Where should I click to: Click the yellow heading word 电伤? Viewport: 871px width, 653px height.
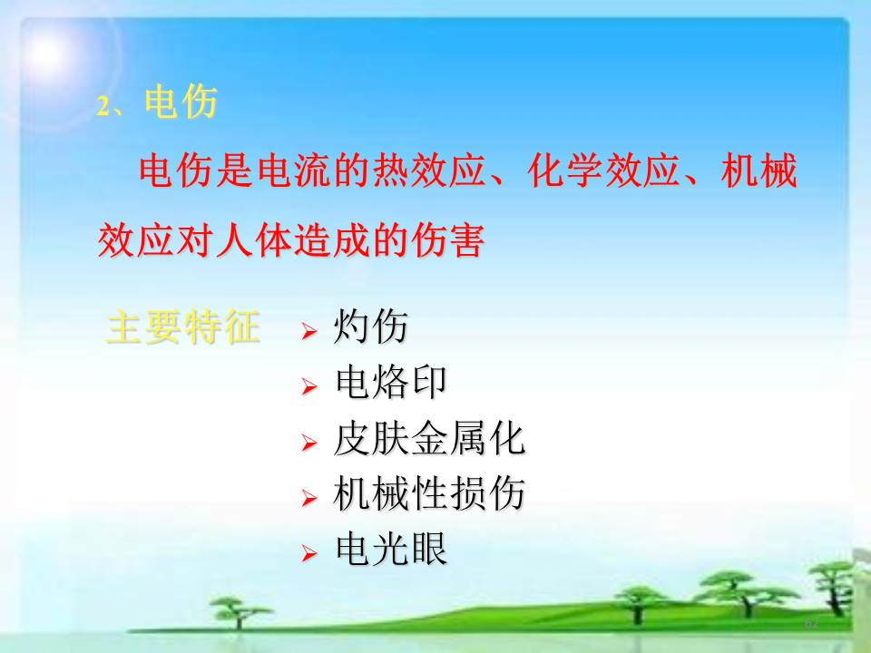click(x=181, y=102)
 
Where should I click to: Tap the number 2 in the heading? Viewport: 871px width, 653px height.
click(x=103, y=106)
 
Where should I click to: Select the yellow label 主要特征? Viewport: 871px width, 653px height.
click(x=182, y=326)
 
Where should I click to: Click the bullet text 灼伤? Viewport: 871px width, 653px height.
click(x=370, y=326)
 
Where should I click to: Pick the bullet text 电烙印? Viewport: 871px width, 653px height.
click(x=390, y=382)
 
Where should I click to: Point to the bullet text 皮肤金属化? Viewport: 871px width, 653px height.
click(x=429, y=438)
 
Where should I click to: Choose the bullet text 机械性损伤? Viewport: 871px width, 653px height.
click(x=429, y=493)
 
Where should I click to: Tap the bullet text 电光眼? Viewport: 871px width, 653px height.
click(x=390, y=550)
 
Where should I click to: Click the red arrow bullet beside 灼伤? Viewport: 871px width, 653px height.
click(x=309, y=331)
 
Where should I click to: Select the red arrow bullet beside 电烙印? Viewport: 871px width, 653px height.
click(x=309, y=386)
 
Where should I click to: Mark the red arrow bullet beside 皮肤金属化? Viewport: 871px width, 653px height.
click(x=309, y=443)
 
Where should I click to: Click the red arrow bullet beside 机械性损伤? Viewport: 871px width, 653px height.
click(x=309, y=498)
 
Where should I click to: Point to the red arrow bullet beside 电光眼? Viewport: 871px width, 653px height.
click(x=309, y=553)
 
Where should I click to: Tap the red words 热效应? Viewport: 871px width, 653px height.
click(x=429, y=171)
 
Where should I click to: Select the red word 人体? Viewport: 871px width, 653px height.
click(x=253, y=240)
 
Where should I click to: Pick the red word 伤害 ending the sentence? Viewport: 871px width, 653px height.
click(x=447, y=240)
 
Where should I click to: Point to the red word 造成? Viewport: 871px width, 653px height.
click(x=331, y=240)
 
